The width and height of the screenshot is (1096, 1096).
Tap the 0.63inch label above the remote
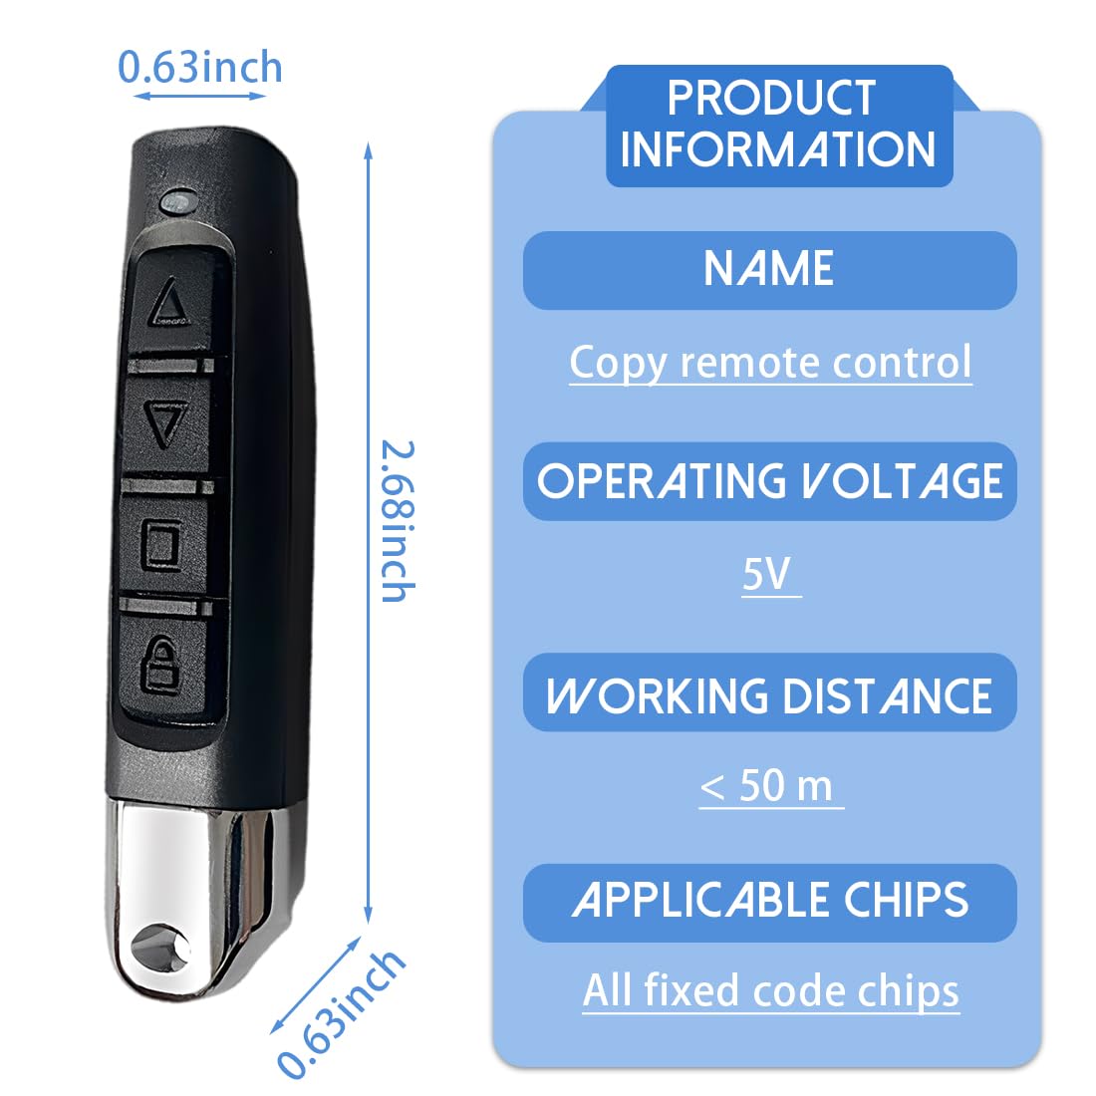click(x=200, y=67)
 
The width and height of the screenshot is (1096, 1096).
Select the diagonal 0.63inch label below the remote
click(x=342, y=1015)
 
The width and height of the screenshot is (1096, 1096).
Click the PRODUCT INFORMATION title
click(x=777, y=125)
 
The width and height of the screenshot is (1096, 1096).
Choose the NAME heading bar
click(x=769, y=270)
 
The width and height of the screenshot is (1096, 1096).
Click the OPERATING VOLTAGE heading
click(x=769, y=481)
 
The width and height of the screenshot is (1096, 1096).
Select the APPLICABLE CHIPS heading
click(x=769, y=900)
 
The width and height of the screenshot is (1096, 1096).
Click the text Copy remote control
click(x=770, y=362)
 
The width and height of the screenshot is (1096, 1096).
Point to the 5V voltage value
click(x=767, y=574)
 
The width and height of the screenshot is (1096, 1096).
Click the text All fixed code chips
click(x=771, y=990)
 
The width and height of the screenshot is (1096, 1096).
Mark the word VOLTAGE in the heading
click(x=902, y=481)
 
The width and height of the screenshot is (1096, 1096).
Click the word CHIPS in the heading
click(x=907, y=900)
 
